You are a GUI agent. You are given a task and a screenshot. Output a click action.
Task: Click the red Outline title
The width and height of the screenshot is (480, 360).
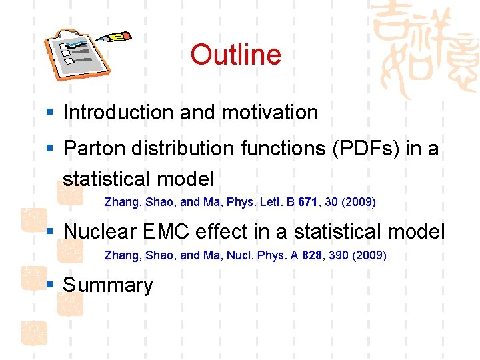pyautogui.click(x=235, y=55)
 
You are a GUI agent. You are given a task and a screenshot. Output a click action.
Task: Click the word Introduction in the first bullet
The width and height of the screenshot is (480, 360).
pyautogui.click(x=119, y=113)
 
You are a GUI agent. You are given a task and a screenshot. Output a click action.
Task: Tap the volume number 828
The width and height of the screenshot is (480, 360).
pyautogui.click(x=312, y=255)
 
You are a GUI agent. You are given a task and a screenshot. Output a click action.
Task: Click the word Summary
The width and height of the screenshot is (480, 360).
pyautogui.click(x=108, y=285)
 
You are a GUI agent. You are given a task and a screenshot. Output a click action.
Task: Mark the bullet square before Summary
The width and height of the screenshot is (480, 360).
pyautogui.click(x=50, y=285)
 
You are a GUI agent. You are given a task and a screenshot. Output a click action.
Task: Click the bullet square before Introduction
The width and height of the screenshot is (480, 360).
pyautogui.click(x=50, y=113)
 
